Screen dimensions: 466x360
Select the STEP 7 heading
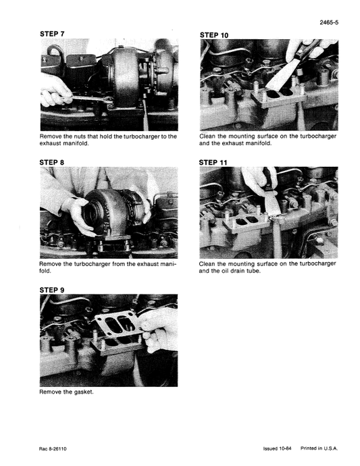pyautogui.click(x=53, y=33)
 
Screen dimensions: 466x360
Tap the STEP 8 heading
pyautogui.click(x=53, y=162)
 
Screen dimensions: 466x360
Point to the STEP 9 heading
pyautogui.click(x=53, y=290)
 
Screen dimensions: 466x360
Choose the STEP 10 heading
pyautogui.click(x=215, y=34)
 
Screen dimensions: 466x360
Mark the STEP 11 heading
pyautogui.click(x=215, y=163)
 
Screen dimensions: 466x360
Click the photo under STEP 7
pyautogui.click(x=109, y=84)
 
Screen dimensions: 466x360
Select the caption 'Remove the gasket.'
pyautogui.click(x=66, y=392)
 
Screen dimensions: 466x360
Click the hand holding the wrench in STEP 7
pyautogui.click(x=54, y=90)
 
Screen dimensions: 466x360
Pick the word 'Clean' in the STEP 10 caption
pyautogui.click(x=209, y=136)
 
